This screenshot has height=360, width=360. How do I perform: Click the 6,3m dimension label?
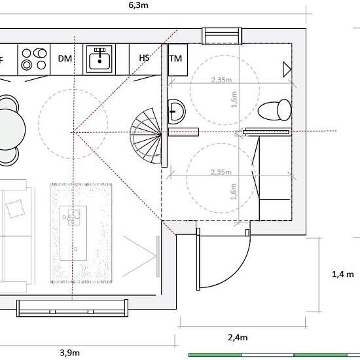click(138, 5)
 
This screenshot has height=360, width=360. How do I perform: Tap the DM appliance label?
click(65, 58)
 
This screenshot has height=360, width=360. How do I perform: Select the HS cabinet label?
click(144, 58)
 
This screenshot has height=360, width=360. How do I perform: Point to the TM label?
click(176, 58)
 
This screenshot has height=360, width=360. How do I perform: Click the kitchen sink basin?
click(99, 59)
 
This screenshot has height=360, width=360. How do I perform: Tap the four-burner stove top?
click(34, 59)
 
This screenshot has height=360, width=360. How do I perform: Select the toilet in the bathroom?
click(275, 110)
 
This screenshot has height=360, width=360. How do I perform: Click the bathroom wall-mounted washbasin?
click(177, 111)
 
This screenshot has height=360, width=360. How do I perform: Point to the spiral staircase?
click(145, 135)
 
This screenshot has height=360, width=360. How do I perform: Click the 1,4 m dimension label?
click(343, 274)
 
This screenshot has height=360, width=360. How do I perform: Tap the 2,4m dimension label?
click(238, 338)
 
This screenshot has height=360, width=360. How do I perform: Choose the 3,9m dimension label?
click(70, 353)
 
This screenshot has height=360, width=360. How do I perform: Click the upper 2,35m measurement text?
click(221, 80)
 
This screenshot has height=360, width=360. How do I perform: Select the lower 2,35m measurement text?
click(221, 172)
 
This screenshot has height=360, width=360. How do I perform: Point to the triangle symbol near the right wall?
click(287, 69)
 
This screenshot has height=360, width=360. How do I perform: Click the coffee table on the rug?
click(73, 233)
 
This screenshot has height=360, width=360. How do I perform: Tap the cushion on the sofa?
click(15, 208)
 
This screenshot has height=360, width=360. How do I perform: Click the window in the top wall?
click(222, 36)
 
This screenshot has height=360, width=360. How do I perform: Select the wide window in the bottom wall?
click(72, 308)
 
